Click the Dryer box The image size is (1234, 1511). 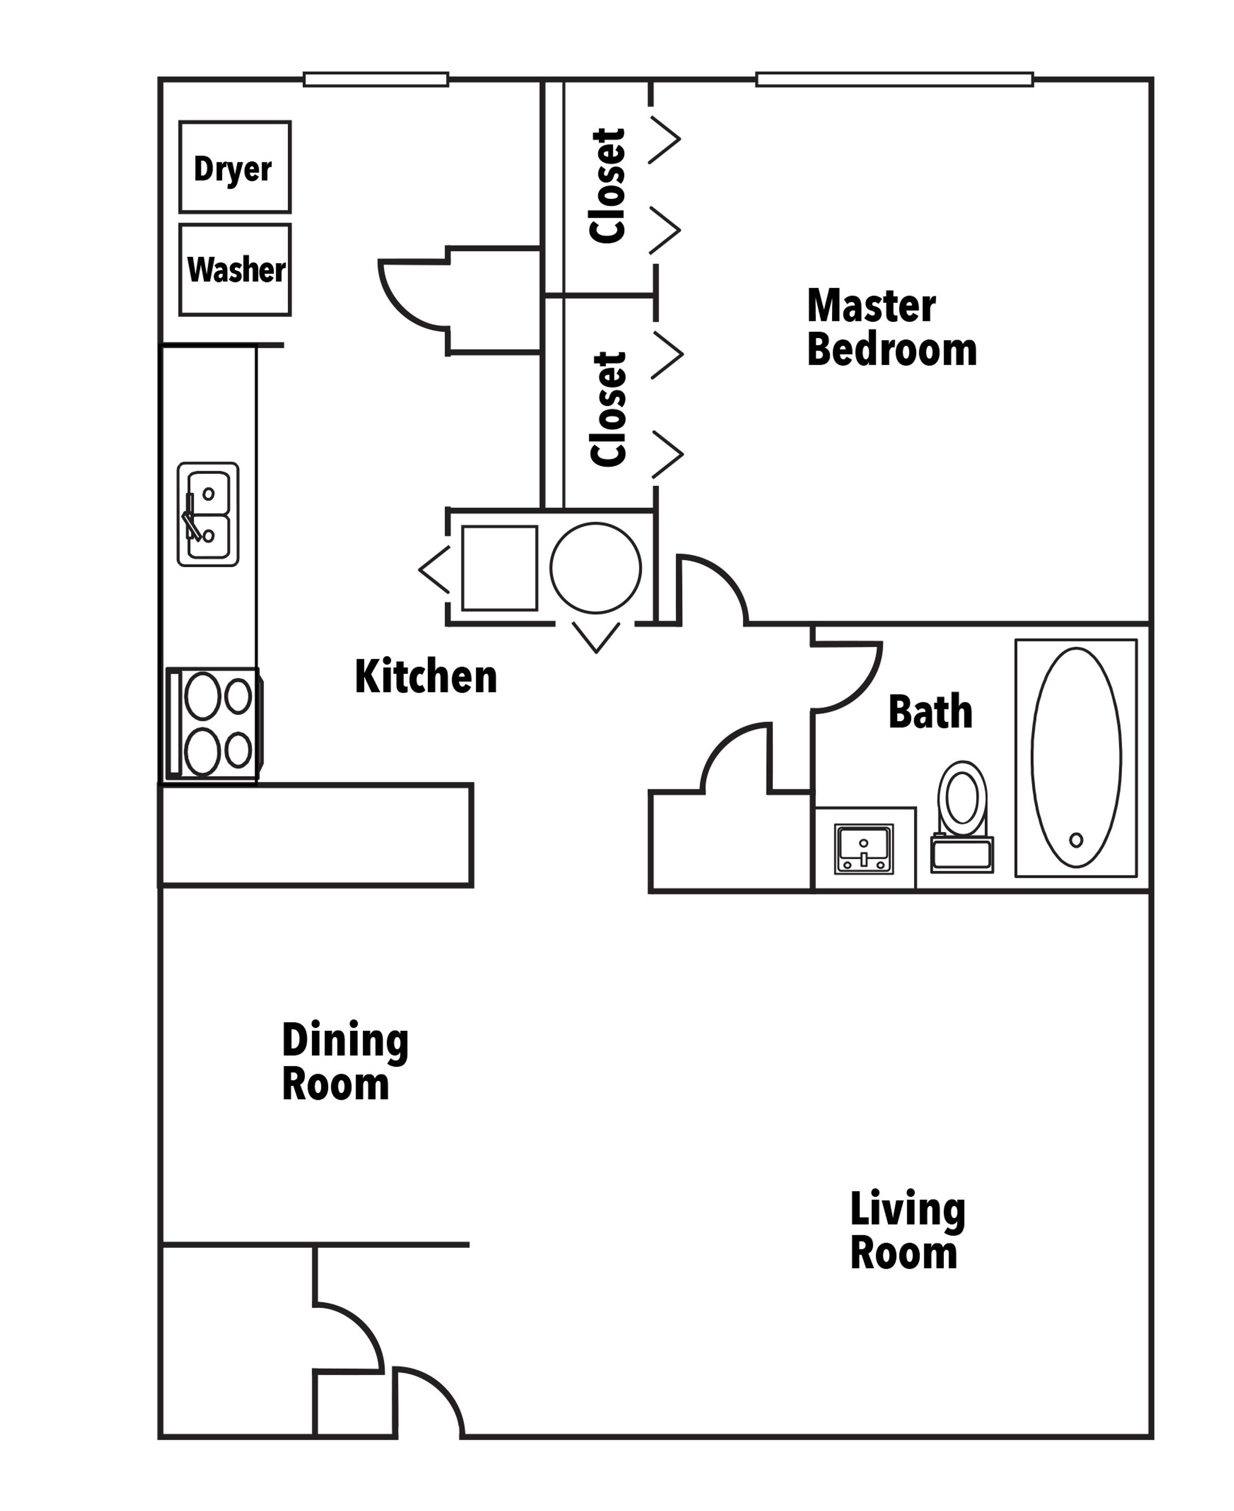pos(234,167)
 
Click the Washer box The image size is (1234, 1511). pos(234,270)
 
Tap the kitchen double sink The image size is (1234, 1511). pos(208,514)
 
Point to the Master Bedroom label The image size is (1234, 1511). pos(891,328)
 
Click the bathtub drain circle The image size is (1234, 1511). pos(1076,840)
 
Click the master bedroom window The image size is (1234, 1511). pos(894,79)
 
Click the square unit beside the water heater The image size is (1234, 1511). pos(499,568)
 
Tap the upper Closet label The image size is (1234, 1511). pos(608,186)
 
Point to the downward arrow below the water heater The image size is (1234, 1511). pos(596,637)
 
